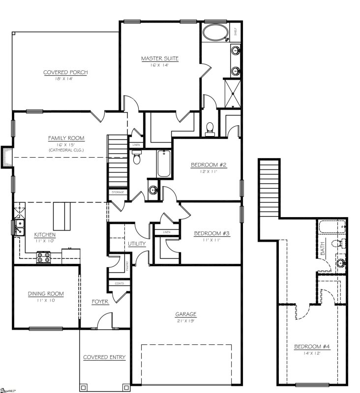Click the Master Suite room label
pyautogui.click(x=160, y=58)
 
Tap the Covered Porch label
pyautogui.click(x=65, y=72)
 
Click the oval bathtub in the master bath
pyautogui.click(x=215, y=34)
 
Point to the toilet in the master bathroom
pyautogui.click(x=210, y=128)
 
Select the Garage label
pyautogui.click(x=186, y=314)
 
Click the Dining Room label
pyautogui.click(x=46, y=294)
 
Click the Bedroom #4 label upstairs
pyautogui.click(x=312, y=346)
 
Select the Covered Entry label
pyautogui.click(x=104, y=357)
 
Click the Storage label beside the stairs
pyautogui.click(x=118, y=192)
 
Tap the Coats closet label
pyautogui.click(x=119, y=283)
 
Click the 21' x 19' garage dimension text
pyautogui.click(x=186, y=320)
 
